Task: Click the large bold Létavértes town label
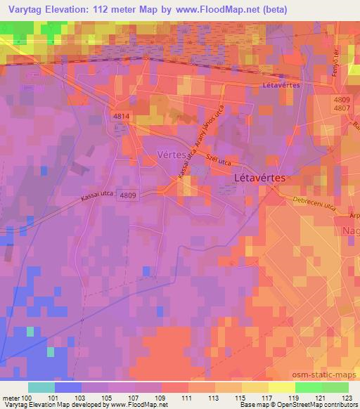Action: click(x=259, y=178)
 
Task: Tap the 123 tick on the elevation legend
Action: click(x=345, y=398)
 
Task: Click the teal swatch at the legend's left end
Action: click(x=41, y=387)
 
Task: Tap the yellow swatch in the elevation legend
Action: click(x=282, y=387)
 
